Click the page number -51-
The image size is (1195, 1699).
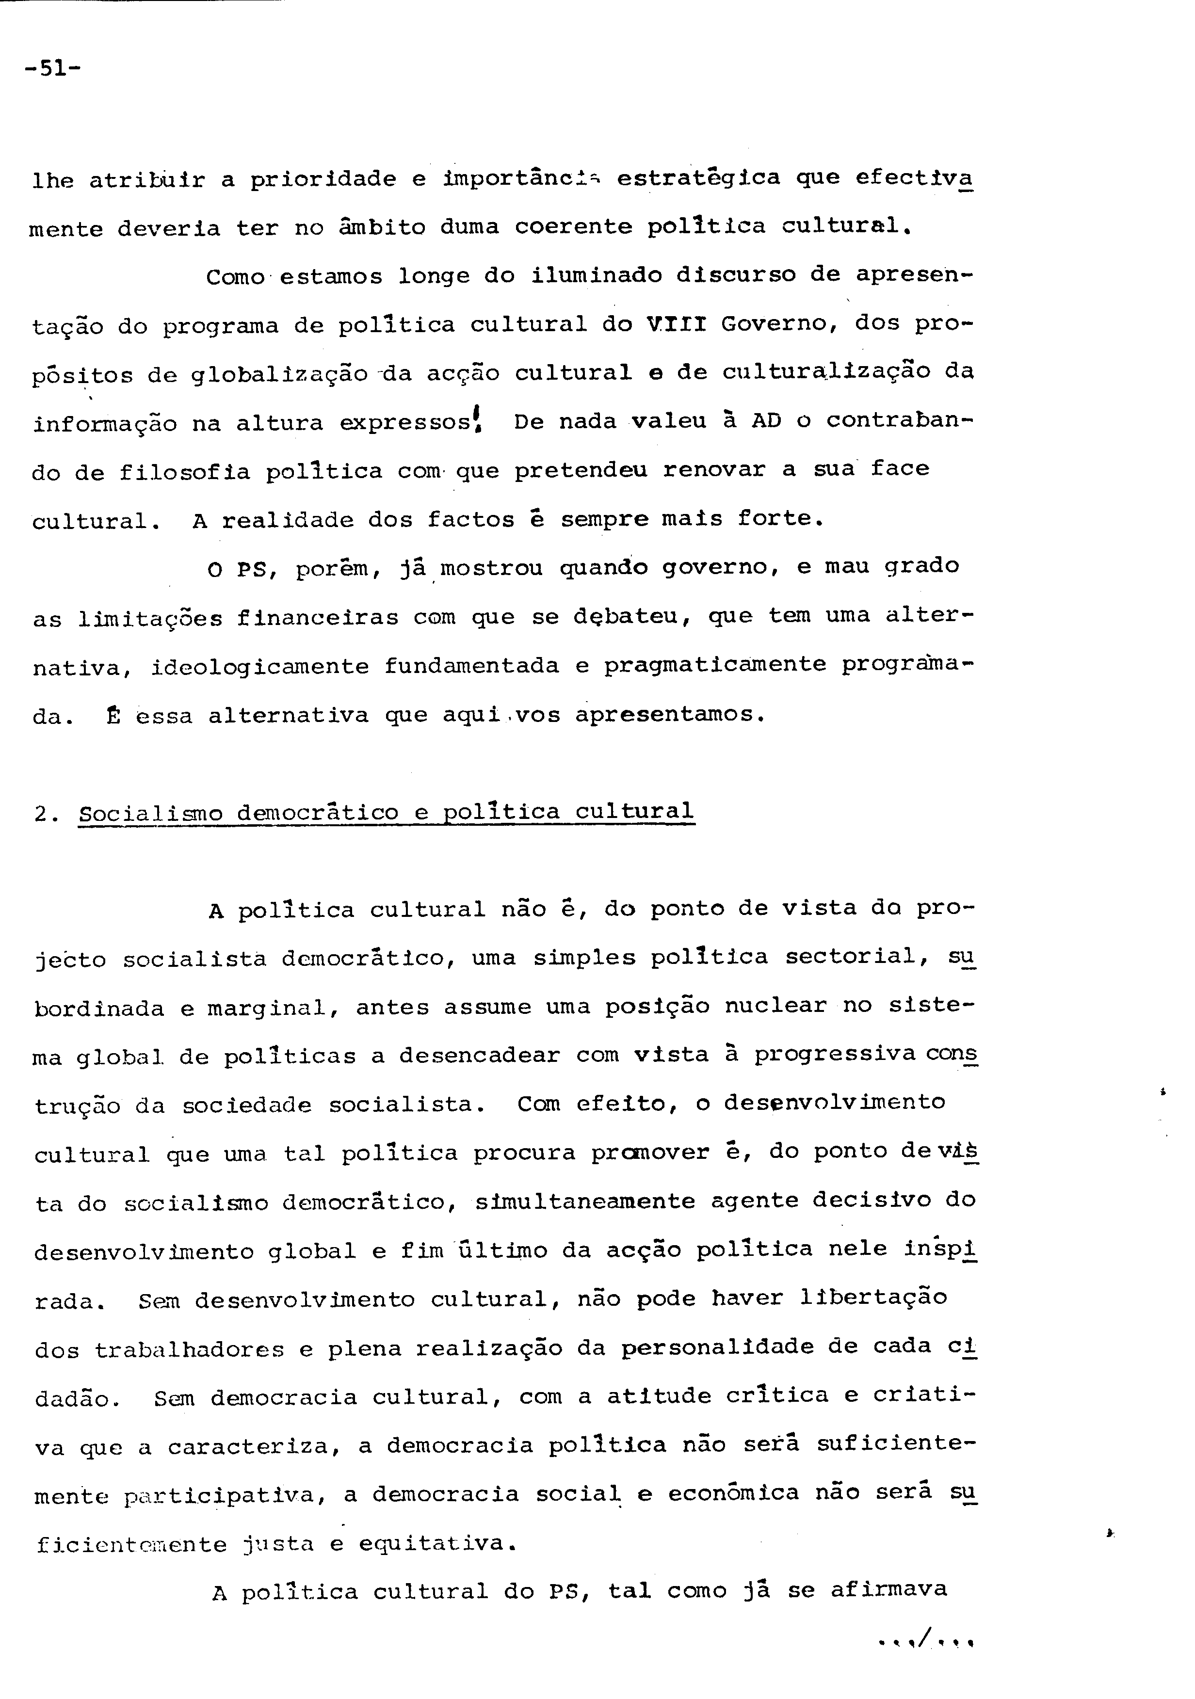click(x=52, y=69)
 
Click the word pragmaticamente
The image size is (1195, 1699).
click(x=715, y=664)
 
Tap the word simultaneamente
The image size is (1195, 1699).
click(x=584, y=1200)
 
